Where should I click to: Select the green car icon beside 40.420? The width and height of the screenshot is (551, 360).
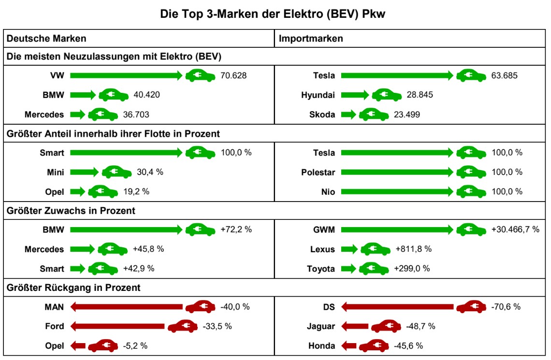114,95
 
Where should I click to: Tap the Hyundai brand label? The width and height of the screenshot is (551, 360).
318,95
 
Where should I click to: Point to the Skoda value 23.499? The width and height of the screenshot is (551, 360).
406,115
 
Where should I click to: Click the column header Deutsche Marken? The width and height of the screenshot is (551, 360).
47,39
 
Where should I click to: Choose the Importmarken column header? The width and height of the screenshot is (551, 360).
311,39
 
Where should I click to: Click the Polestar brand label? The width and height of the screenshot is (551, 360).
318,172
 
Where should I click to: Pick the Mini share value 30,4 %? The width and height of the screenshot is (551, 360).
150,172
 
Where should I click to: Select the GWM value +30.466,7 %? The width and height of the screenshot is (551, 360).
515,230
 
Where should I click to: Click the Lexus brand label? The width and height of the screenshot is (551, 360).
322,249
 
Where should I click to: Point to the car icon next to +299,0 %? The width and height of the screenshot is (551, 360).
374,269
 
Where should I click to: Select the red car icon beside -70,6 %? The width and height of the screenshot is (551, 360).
471,307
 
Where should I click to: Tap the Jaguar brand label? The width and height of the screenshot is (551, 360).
320,326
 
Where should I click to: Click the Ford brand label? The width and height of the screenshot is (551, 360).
55,326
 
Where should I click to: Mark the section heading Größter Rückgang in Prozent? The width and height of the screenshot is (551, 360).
73,288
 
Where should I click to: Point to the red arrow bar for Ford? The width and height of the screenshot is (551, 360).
117,326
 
